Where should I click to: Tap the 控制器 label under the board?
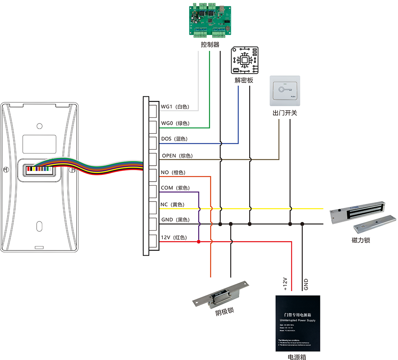pos(210,45)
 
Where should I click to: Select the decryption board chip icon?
pos(244,60)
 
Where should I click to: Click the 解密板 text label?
pos(244,80)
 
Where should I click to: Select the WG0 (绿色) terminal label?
pos(175,123)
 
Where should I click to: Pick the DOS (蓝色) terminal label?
pos(174,139)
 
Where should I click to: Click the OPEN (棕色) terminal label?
pos(177,156)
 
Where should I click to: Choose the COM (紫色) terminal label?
pos(175,188)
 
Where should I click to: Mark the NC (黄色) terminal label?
pos(172,205)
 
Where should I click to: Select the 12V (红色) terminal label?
pos(174,237)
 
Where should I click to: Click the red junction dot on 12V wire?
pos(199,241)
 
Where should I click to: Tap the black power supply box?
pos(298,323)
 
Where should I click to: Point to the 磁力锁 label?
pos(361,240)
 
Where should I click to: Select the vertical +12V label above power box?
pos(285,285)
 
